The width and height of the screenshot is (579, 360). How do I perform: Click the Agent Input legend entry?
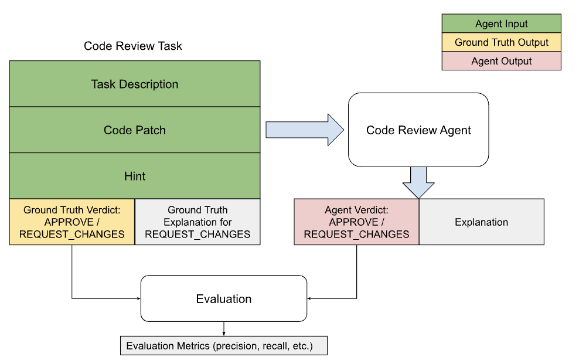(501, 24)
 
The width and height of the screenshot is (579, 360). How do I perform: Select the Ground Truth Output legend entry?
(501, 42)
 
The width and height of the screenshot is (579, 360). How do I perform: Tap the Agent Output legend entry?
(501, 61)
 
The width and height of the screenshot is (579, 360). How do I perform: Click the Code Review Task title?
(133, 46)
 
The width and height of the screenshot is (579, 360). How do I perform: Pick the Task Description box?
(135, 84)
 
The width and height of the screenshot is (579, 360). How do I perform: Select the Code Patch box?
(135, 130)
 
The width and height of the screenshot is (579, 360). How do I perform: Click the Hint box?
(135, 176)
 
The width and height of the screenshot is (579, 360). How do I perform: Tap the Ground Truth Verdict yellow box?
(72, 222)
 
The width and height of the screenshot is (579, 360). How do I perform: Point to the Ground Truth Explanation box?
(197, 222)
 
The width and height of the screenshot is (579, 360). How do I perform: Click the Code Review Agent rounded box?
(418, 130)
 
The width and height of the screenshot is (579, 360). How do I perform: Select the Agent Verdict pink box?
(356, 222)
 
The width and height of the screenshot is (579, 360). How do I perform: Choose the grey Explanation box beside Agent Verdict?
(481, 222)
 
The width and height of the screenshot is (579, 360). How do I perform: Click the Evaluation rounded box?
(224, 299)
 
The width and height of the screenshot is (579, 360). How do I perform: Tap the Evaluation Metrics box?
(223, 346)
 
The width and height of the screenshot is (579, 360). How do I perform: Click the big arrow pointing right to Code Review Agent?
(305, 130)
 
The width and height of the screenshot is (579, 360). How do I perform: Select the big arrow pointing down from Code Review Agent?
(418, 182)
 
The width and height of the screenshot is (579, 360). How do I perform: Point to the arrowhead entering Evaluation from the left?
(138, 299)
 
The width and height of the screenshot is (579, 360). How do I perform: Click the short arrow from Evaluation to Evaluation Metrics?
(223, 329)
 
